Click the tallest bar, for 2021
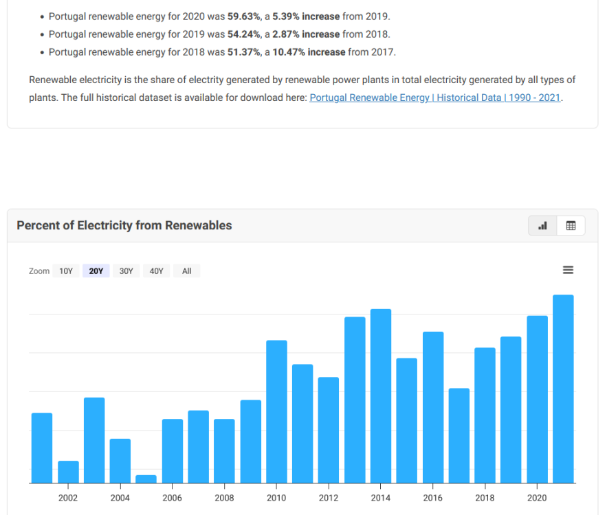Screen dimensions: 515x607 tap(563, 389)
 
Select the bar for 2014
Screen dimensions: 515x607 tap(381, 396)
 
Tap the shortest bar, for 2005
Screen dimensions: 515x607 tap(146, 479)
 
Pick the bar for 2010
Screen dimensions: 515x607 tap(276, 411)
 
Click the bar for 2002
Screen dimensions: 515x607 tap(68, 472)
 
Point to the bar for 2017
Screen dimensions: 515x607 tap(459, 435)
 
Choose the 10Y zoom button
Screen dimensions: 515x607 tap(66, 271)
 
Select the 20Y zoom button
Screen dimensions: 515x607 tap(96, 271)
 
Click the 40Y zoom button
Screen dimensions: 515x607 tap(157, 271)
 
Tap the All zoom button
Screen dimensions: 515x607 tap(187, 271)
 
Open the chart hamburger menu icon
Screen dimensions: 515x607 tap(568, 271)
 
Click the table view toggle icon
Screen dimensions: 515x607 tap(571, 225)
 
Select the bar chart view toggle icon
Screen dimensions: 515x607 tap(542, 225)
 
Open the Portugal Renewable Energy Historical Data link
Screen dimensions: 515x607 tap(435, 98)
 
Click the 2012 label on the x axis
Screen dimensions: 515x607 tap(329, 498)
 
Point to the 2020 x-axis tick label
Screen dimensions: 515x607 tap(537, 498)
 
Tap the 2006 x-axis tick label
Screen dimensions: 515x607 tap(172, 498)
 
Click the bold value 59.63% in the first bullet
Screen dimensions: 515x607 tap(243, 16)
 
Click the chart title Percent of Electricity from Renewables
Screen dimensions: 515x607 tap(124, 225)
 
